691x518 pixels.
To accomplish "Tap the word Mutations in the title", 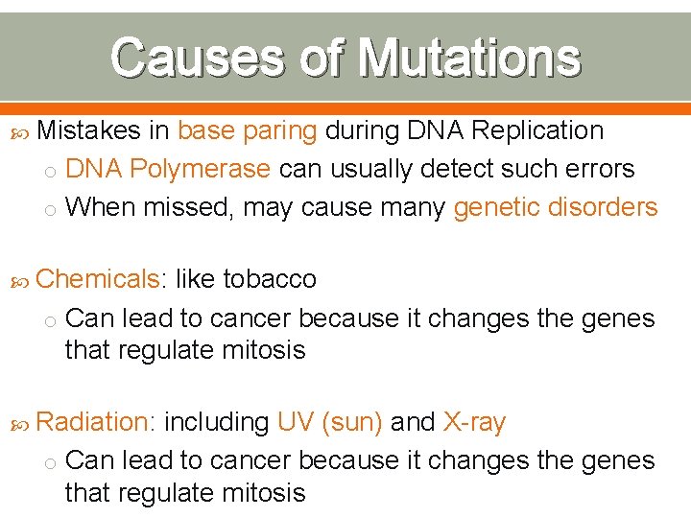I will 468,58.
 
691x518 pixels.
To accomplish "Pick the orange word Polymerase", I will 200,169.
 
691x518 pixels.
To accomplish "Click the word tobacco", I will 270,279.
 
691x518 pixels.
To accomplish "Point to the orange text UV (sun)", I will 329,422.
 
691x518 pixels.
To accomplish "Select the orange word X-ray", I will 474,422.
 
